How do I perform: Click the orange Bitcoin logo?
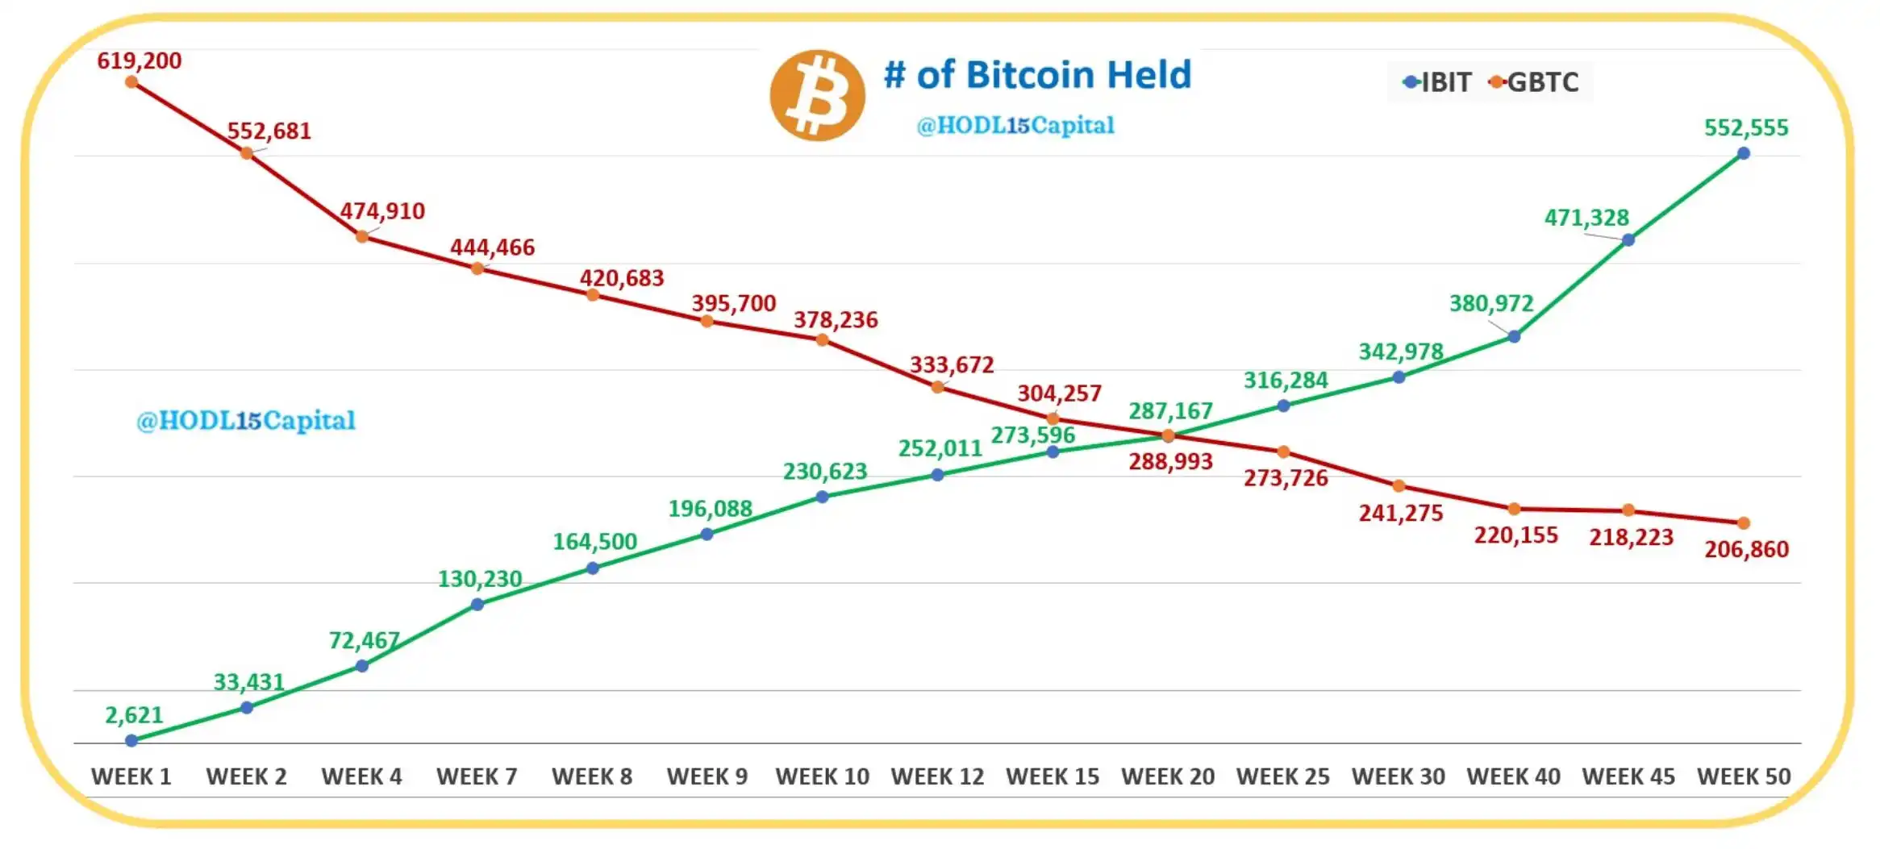pyautogui.click(x=817, y=95)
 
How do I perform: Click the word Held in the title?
pyautogui.click(x=1148, y=75)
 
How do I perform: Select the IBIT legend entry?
pyautogui.click(x=1437, y=82)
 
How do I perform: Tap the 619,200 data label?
pyautogui.click(x=140, y=60)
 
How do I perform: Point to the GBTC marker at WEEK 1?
pyautogui.click(x=131, y=82)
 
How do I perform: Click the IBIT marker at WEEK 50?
pyautogui.click(x=1743, y=153)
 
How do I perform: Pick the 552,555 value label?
pyautogui.click(x=1745, y=127)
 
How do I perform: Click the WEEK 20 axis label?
pyautogui.click(x=1167, y=776)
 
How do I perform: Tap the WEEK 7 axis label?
pyautogui.click(x=477, y=776)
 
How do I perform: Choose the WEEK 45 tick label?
pyautogui.click(x=1628, y=776)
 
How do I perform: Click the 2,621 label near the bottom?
pyautogui.click(x=134, y=714)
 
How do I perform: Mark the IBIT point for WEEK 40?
pyautogui.click(x=1514, y=336)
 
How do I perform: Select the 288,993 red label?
pyautogui.click(x=1170, y=461)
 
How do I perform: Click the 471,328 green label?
pyautogui.click(x=1586, y=218)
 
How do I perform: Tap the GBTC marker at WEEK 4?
pyautogui.click(x=362, y=236)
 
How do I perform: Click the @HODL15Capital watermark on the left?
pyautogui.click(x=245, y=420)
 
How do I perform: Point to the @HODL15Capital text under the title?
pyautogui.click(x=1015, y=125)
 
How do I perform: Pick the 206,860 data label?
pyautogui.click(x=1746, y=549)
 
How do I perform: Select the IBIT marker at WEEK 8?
pyautogui.click(x=593, y=568)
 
